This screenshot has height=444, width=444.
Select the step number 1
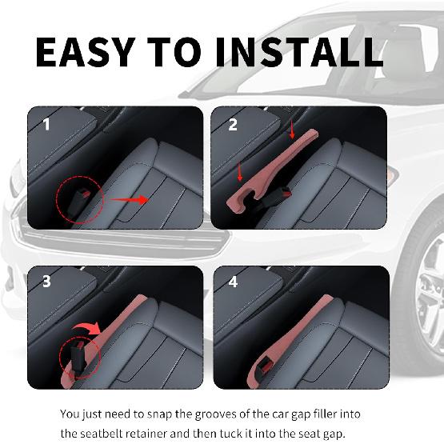(46, 125)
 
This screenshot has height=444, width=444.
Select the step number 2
(233, 125)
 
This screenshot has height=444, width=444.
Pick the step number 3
(46, 282)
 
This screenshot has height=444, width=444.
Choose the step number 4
(233, 282)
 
